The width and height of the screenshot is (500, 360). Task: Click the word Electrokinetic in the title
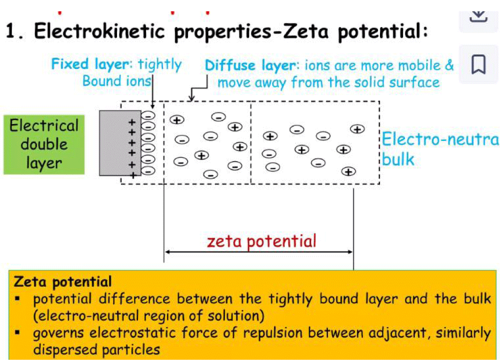point(99,31)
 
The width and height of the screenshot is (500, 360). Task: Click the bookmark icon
point(478,64)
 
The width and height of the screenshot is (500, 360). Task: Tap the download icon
point(478,16)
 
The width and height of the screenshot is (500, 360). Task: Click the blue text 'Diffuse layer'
point(250,65)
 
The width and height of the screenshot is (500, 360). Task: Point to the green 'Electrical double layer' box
point(44,144)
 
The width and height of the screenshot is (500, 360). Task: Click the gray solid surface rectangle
point(120,143)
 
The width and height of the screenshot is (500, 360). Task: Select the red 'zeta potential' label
point(261,241)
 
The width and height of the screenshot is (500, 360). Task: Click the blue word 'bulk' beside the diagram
point(398,159)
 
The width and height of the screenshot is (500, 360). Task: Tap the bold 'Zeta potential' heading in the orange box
point(63,282)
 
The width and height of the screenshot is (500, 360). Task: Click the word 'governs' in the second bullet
point(57,333)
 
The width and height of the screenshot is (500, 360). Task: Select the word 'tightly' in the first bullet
point(290,299)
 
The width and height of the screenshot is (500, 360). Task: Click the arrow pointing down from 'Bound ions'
point(152,92)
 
